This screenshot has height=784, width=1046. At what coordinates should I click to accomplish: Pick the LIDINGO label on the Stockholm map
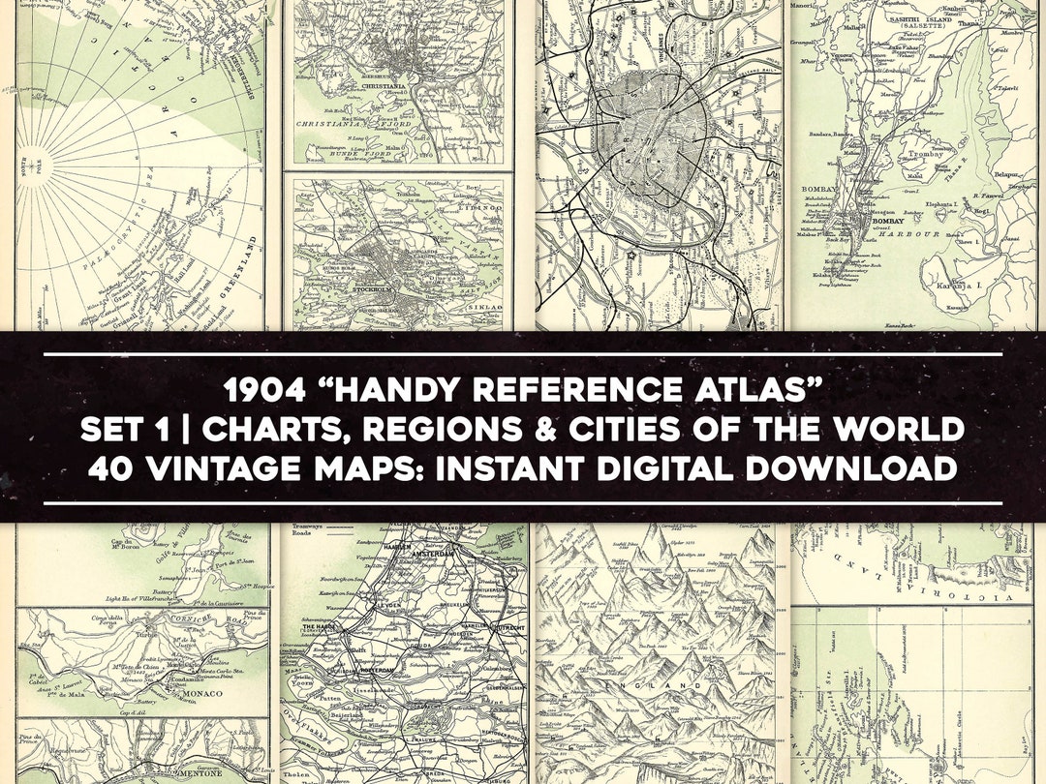click(481, 206)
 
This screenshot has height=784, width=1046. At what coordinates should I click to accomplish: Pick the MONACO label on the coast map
click(226, 693)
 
